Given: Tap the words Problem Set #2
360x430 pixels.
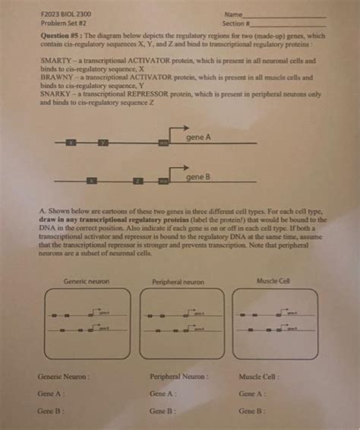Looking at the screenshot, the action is pyautogui.click(x=58, y=24).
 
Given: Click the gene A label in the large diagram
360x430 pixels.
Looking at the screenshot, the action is pyautogui.click(x=198, y=137).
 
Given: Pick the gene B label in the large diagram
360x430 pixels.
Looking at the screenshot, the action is pyautogui.click(x=198, y=176).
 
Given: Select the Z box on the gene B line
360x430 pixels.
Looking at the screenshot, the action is pyautogui.click(x=137, y=181).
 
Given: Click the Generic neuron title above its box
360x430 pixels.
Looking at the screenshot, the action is pyautogui.click(x=87, y=281).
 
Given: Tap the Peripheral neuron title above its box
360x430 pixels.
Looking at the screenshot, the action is pyautogui.click(x=178, y=281).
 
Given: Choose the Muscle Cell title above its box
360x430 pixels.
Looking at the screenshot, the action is pyautogui.click(x=273, y=280).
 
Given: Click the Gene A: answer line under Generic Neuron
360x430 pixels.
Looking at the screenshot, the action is pyautogui.click(x=52, y=394).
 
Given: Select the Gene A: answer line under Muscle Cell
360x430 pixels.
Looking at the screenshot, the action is pyautogui.click(x=252, y=394).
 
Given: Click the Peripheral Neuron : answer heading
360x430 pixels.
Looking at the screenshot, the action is pyautogui.click(x=179, y=376).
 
